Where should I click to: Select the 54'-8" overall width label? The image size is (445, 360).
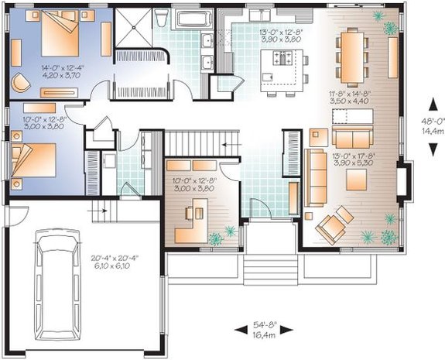tap(262, 325)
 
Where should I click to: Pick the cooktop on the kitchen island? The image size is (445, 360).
tap(280, 56)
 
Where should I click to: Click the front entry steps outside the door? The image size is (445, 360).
tap(262, 268)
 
